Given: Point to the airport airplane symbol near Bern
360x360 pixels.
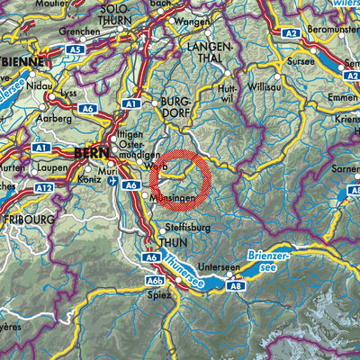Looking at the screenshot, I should (x=112, y=180).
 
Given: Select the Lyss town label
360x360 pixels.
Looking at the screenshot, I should (x=68, y=94).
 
